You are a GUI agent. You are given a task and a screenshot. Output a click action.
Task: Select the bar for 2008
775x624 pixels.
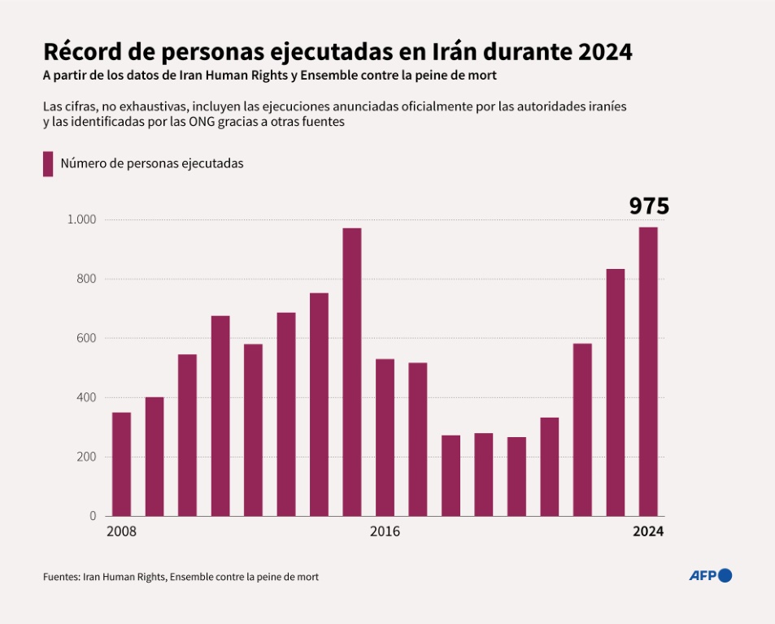pos(121,464)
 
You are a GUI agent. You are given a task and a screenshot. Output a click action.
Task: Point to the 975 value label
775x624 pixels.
pos(649,206)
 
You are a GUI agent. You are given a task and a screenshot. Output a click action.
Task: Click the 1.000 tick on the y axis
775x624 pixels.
pos(81,219)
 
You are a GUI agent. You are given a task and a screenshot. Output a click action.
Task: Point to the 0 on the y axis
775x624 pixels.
pos(93,516)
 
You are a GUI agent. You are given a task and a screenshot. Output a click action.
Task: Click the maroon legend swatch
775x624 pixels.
pos(48,163)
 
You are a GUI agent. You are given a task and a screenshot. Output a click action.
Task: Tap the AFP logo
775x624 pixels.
pos(710,575)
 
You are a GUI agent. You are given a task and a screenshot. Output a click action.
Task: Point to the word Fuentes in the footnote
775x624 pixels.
pos(61,577)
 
